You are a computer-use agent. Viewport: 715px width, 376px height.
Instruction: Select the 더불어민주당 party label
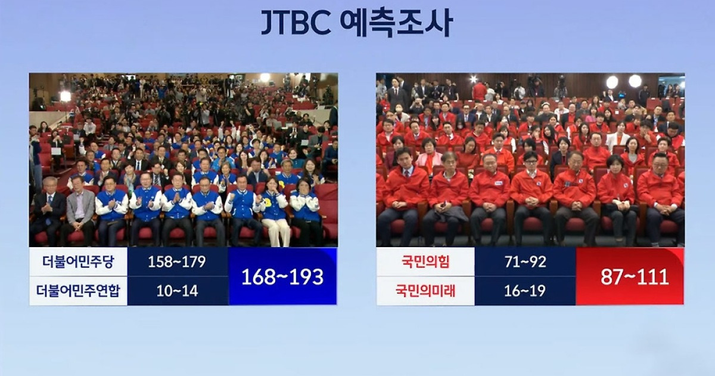78,262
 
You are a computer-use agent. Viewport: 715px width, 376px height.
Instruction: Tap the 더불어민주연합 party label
78,291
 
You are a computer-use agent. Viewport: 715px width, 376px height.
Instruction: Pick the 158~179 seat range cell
178,262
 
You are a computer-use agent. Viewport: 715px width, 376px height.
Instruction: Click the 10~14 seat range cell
178,291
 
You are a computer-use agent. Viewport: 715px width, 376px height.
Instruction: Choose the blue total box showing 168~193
282,276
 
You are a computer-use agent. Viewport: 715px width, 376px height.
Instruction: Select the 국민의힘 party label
425,262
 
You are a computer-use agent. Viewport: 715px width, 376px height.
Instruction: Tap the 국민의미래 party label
425,291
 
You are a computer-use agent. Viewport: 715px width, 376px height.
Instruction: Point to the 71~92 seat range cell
525,262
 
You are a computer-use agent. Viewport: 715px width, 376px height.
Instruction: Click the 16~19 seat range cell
525,291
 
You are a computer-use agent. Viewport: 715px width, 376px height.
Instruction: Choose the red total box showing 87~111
630,276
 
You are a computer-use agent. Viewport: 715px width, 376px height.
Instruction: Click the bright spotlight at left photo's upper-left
65,95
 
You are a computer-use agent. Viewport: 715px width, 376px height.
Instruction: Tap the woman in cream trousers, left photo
275,212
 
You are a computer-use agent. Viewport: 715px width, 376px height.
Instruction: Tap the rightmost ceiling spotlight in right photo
635,81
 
